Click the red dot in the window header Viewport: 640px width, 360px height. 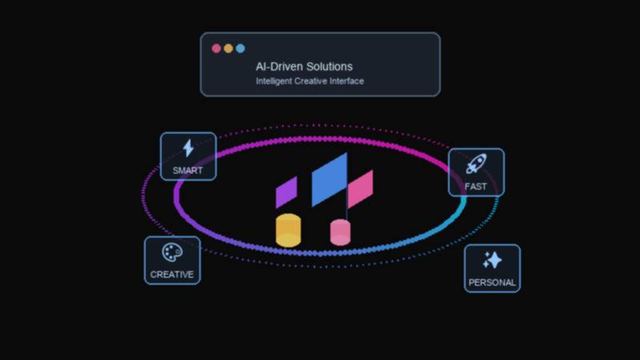(216, 48)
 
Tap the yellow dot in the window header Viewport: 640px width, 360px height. (228, 48)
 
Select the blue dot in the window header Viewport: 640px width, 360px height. (240, 48)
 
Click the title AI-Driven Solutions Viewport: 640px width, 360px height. (304, 66)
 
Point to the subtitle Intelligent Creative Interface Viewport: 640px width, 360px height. (310, 81)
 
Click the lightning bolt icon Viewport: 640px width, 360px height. (188, 148)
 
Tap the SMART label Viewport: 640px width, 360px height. (188, 170)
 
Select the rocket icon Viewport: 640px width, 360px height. (476, 164)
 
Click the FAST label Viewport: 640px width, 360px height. (476, 186)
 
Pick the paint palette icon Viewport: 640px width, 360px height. (172, 252)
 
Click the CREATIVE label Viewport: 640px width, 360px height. (172, 274)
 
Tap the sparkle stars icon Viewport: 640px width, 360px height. (492, 260)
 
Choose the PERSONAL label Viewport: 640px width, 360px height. (492, 282)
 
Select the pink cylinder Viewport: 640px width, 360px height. (341, 233)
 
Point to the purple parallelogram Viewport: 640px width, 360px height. (286, 193)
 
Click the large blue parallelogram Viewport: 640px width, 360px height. (329, 180)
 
